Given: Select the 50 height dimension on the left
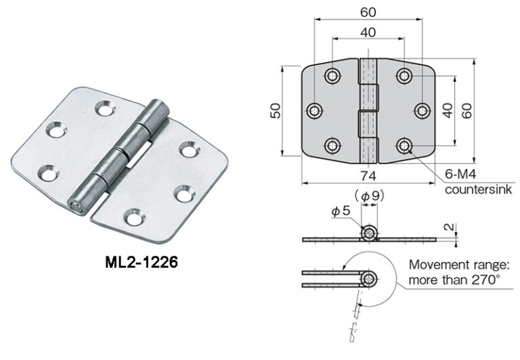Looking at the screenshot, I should (x=275, y=111).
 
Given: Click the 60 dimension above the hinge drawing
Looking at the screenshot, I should (x=368, y=12).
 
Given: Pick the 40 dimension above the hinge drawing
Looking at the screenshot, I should (x=368, y=31).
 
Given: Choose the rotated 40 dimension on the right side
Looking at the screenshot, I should (x=447, y=111).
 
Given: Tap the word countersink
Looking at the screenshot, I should (x=478, y=190).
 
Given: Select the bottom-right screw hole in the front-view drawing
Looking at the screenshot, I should (x=404, y=145).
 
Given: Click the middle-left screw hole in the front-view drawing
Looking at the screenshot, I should (x=315, y=111).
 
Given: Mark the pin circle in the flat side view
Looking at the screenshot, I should (x=369, y=234).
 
